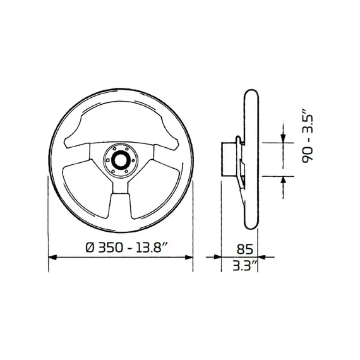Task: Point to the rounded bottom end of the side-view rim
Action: coord(249,225)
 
